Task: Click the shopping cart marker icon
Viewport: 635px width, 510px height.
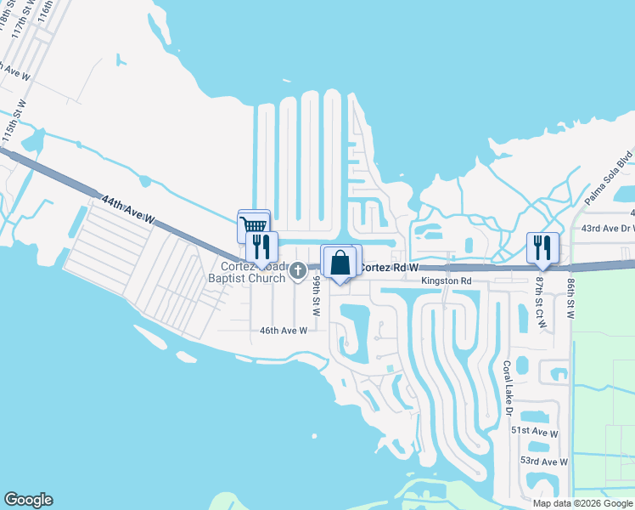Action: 252,224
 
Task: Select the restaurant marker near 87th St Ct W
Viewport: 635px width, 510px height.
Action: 541,247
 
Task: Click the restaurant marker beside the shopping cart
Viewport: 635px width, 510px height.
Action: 261,246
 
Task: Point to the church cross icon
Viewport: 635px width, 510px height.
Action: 297,271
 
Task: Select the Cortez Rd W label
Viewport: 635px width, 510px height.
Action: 390,268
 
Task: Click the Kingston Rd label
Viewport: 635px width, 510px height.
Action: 447,280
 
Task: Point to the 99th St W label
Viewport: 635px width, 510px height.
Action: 316,296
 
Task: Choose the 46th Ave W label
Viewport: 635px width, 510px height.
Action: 282,331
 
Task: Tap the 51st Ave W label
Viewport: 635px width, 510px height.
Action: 534,432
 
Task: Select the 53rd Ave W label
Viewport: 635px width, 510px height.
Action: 543,462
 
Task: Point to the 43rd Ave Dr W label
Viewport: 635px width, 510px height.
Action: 607,229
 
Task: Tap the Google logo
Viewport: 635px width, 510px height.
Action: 28,500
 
